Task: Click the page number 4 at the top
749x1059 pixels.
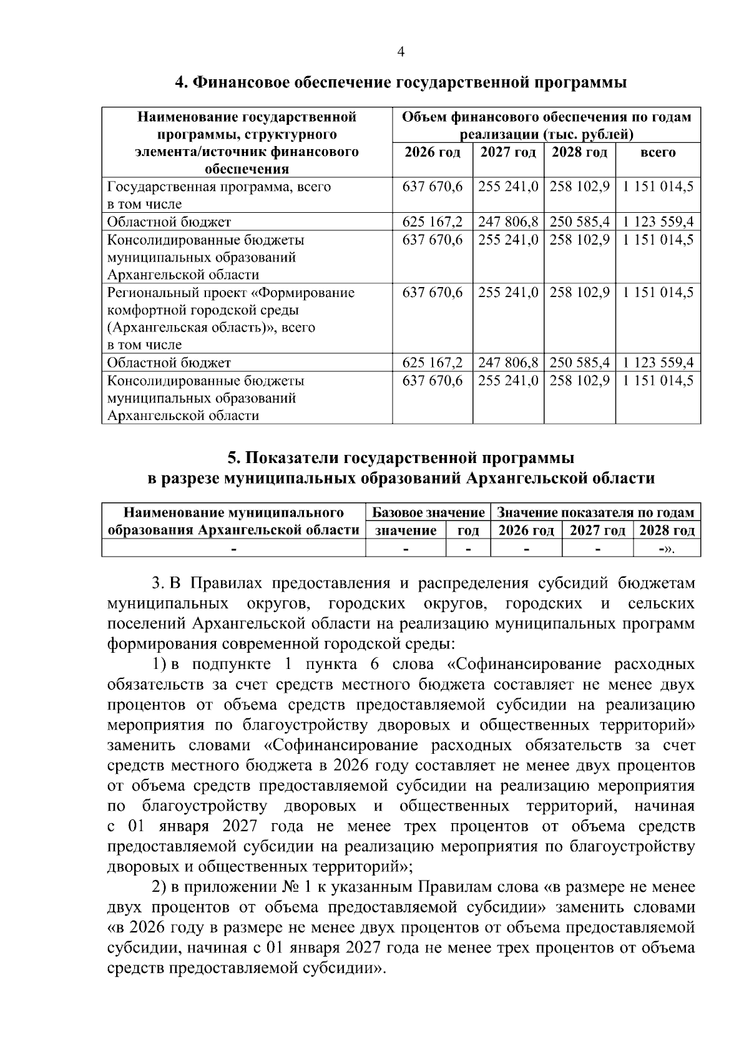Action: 401,53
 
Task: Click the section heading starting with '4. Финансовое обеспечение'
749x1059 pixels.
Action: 400,82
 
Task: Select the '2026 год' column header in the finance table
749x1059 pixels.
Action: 432,152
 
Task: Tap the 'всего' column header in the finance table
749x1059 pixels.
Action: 658,152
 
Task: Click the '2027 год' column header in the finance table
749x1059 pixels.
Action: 508,152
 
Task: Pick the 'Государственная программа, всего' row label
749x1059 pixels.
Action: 219,187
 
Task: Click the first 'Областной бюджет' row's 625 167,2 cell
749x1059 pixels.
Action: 432,222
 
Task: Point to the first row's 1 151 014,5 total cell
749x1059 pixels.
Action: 658,187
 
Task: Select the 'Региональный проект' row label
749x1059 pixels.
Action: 231,292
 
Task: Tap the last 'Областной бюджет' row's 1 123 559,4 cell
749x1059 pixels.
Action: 658,363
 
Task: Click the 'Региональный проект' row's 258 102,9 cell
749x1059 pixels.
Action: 579,292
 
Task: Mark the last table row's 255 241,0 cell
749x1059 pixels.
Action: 508,380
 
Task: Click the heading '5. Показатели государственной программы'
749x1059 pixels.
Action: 400,458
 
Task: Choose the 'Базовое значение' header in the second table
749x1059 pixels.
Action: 428,513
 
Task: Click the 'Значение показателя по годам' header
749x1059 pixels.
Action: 595,513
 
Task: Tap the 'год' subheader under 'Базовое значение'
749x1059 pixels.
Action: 468,531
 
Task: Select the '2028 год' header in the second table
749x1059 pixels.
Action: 667,531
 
